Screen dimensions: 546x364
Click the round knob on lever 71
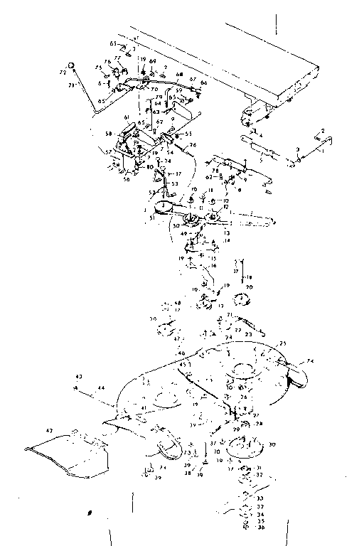71,65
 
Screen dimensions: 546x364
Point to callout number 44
102,387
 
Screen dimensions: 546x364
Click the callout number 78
214,170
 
